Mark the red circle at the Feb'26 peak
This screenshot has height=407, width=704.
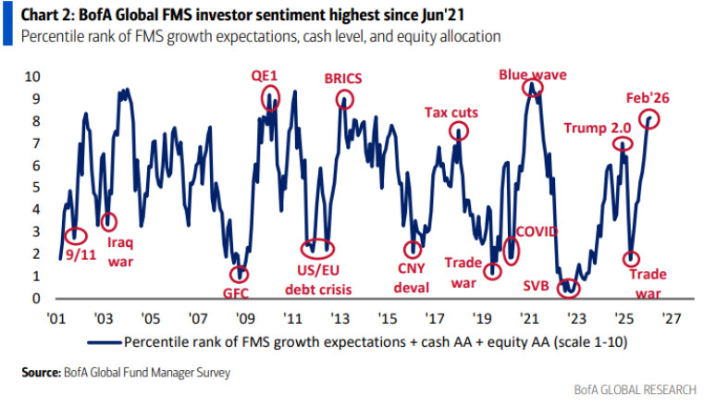649,118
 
